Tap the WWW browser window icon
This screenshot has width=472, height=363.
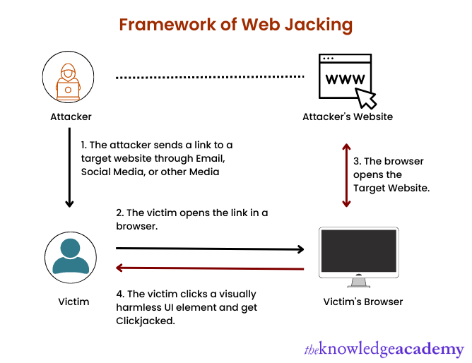pyautogui.click(x=343, y=76)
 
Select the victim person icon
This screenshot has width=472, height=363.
pyautogui.click(x=71, y=256)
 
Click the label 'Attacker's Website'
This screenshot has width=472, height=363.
pyautogui.click(x=347, y=117)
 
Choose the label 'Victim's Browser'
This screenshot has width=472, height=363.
pyautogui.click(x=362, y=302)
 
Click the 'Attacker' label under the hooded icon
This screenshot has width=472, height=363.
pyautogui.click(x=71, y=116)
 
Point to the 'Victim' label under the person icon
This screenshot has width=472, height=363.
pyautogui.click(x=73, y=302)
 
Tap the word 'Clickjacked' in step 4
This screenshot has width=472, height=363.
pyautogui.click(x=144, y=320)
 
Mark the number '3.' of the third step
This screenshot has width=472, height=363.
pyautogui.click(x=358, y=161)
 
